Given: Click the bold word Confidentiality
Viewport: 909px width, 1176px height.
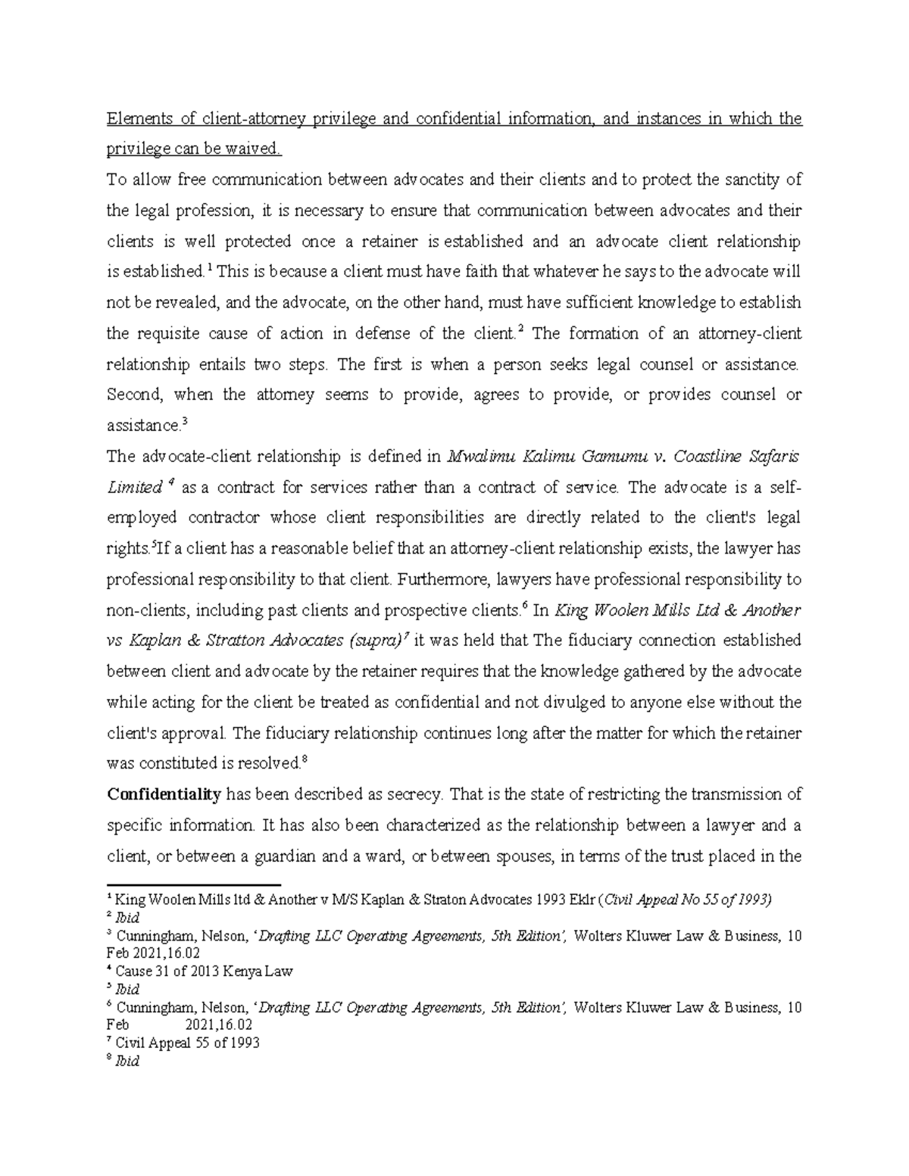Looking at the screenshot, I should tap(164, 795).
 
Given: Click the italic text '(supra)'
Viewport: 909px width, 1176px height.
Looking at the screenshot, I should tap(377, 641).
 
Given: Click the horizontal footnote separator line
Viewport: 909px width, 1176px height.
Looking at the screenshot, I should tap(194, 884).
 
